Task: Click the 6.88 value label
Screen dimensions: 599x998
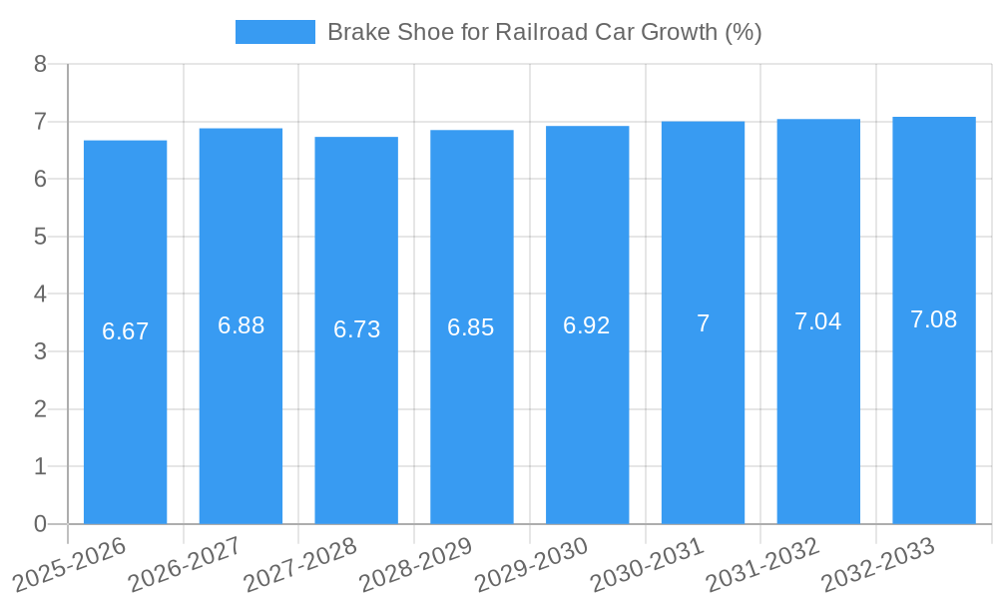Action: pos(241,325)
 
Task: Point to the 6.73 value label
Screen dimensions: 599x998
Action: pos(356,329)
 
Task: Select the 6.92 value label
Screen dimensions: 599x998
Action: pos(587,325)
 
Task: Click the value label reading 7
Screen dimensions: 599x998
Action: pos(703,323)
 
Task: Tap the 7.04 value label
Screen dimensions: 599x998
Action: pos(817,321)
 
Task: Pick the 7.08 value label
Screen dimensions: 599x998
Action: pos(933,319)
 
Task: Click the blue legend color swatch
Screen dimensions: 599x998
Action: pos(274,32)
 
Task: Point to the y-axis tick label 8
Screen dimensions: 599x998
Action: pos(40,64)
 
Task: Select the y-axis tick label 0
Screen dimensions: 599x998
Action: pos(40,524)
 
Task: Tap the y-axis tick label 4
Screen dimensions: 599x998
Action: pos(40,295)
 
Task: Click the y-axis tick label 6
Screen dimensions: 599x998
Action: pos(40,179)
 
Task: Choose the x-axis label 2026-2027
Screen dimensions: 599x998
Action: pos(185,564)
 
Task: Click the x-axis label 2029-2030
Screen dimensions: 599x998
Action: pos(531,564)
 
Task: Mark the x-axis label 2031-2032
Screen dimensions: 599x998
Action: pos(762,564)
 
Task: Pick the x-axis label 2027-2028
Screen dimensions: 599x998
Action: pos(299,564)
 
